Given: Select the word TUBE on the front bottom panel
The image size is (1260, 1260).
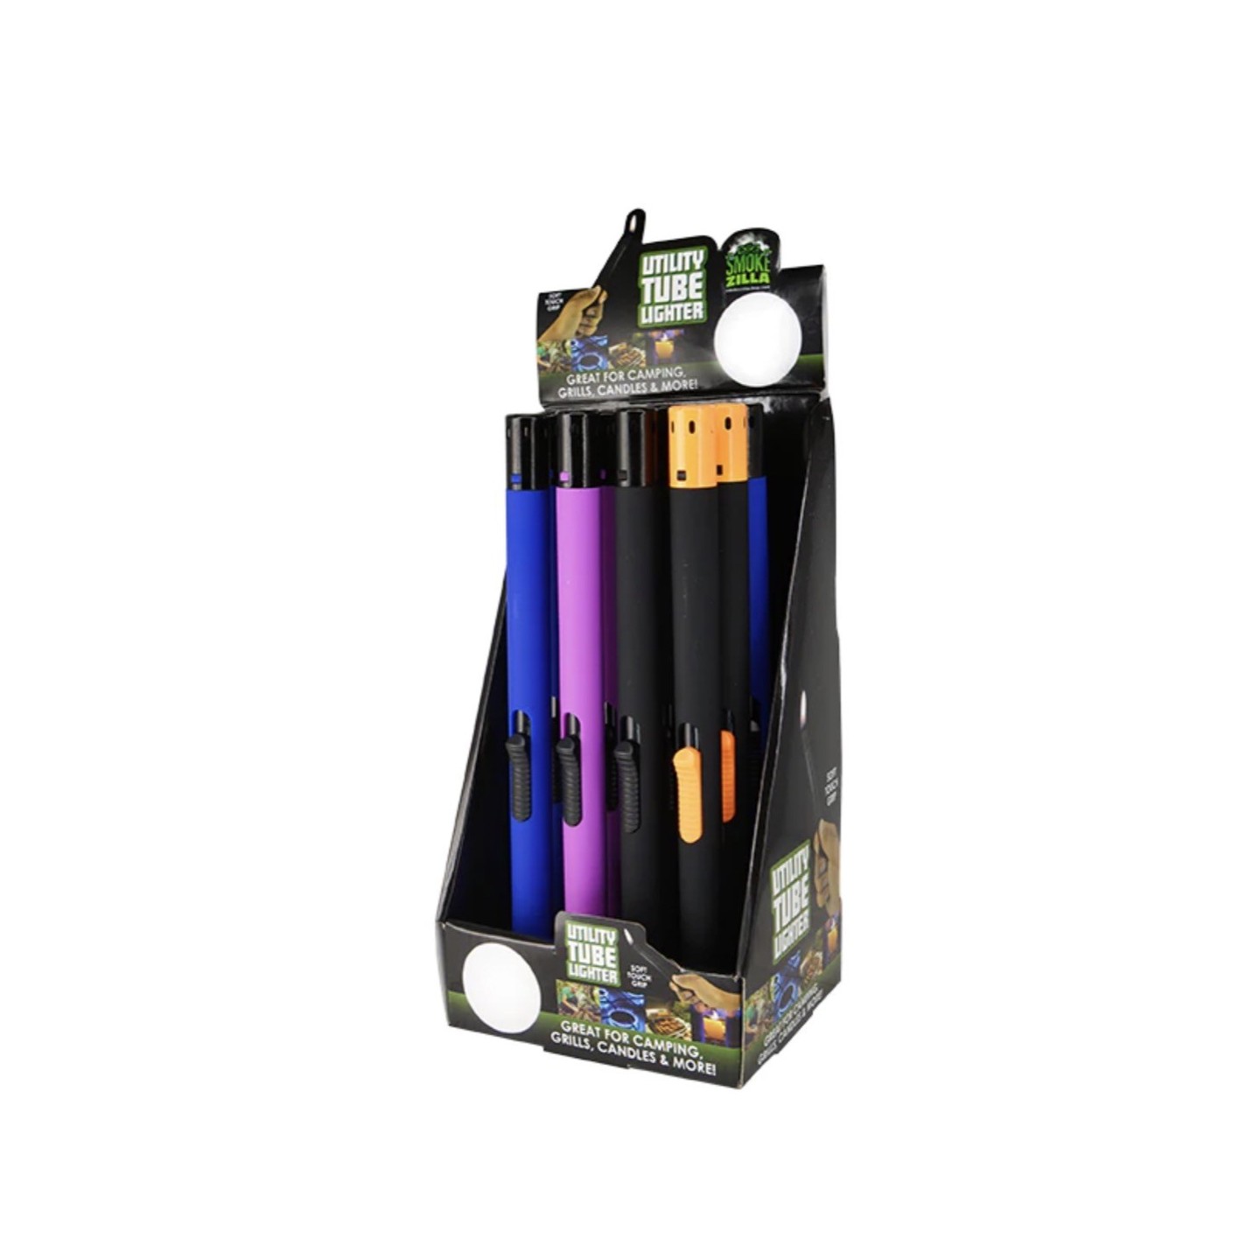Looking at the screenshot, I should coord(592,955).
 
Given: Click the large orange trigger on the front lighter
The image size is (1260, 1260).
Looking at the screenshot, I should coord(688,794).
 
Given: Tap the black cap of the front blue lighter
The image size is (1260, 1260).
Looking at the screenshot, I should coord(527,443).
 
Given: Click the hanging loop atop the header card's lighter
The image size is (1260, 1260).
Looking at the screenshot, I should coord(633,222).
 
